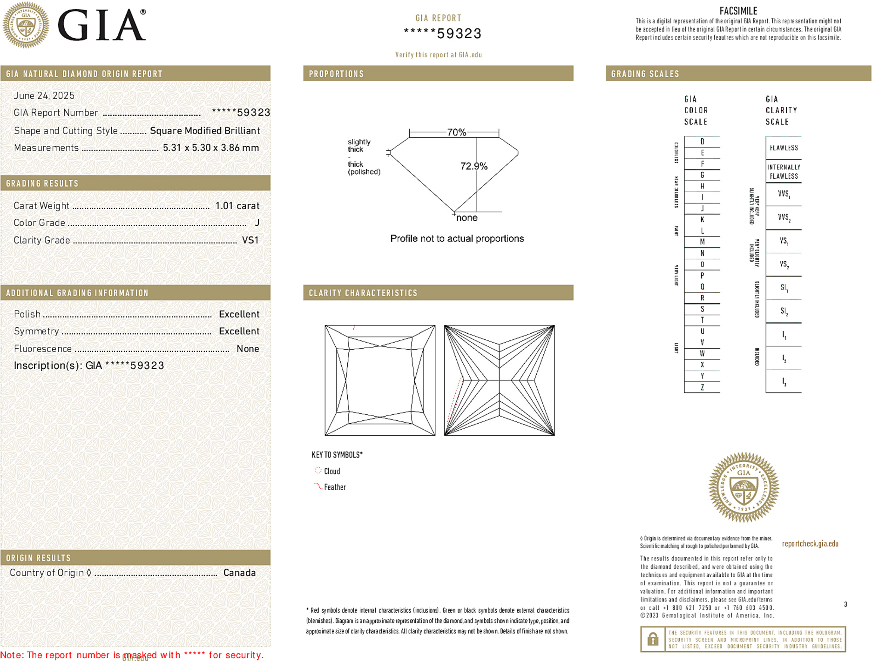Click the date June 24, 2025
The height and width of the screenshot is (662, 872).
[x=44, y=96]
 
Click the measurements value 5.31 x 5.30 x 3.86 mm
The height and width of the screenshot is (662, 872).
[x=210, y=148]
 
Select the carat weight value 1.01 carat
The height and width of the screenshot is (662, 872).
[x=237, y=206]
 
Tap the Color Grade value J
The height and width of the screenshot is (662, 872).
[x=257, y=223]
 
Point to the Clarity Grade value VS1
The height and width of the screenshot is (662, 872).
[x=250, y=240]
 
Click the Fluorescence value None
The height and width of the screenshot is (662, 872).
[x=248, y=349]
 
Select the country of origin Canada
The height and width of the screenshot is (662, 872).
[x=239, y=573]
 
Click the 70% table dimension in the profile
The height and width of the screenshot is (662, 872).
[x=456, y=132]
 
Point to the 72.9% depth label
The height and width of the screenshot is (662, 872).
[x=473, y=166]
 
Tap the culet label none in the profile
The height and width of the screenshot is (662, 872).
[x=466, y=218]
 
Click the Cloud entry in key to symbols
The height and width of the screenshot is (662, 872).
[x=331, y=471]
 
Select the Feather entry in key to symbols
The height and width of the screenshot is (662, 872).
[x=334, y=487]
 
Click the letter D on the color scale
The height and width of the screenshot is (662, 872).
[x=702, y=142]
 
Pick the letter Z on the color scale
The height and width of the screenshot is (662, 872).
[x=702, y=387]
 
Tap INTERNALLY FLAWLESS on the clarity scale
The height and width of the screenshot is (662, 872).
[x=784, y=172]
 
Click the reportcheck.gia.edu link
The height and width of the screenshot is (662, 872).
[x=810, y=544]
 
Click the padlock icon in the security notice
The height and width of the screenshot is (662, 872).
[x=653, y=639]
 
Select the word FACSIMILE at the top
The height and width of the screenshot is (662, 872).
[x=738, y=11]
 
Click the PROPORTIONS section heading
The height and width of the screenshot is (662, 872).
[x=336, y=74]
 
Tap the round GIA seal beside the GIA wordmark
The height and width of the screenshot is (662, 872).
[x=26, y=25]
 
